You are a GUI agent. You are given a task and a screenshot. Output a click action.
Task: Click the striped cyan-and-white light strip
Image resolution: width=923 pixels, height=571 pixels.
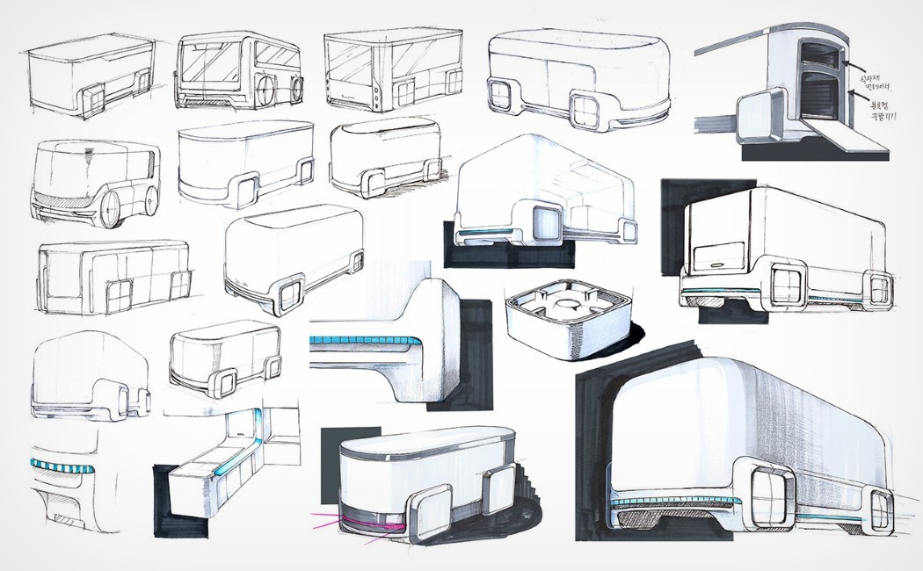pyautogui.click(x=62, y=466)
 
